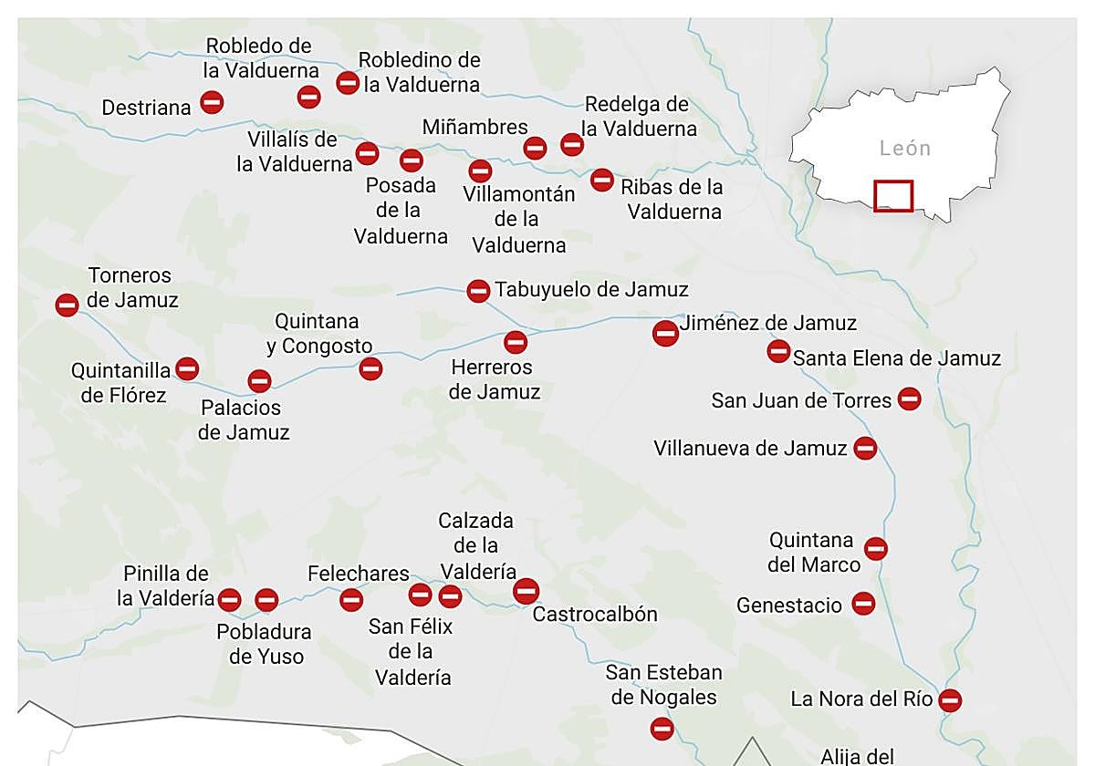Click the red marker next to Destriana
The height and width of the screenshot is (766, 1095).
pos(212,102)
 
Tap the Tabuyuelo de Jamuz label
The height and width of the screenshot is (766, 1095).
pos(591,290)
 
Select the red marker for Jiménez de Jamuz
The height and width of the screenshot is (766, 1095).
pos(665,334)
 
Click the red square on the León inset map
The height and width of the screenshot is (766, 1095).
pos(892,196)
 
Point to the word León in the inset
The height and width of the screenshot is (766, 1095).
pos(905,148)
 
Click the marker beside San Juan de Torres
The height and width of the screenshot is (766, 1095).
pos(909,399)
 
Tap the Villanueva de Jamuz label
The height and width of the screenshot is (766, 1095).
pos(750,449)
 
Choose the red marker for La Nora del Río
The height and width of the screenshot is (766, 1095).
pos(950,700)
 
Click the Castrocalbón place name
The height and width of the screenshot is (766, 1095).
pos(595,614)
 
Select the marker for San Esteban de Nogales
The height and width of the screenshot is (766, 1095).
pos(662,729)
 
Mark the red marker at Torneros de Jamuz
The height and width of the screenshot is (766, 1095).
pos(67,305)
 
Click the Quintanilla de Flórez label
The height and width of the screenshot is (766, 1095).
pos(122,383)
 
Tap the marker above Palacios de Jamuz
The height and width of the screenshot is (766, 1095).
pos(259,381)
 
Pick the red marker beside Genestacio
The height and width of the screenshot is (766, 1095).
pos(862,603)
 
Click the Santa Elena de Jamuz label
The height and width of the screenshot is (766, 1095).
pos(896,358)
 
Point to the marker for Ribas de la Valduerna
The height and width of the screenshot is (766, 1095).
pos(601,180)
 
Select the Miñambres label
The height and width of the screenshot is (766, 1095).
pos(474,127)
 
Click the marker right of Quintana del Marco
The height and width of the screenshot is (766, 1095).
pos(875,548)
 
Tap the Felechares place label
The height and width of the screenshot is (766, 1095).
pos(358,574)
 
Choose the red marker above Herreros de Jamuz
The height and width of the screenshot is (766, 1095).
pos(516,342)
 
